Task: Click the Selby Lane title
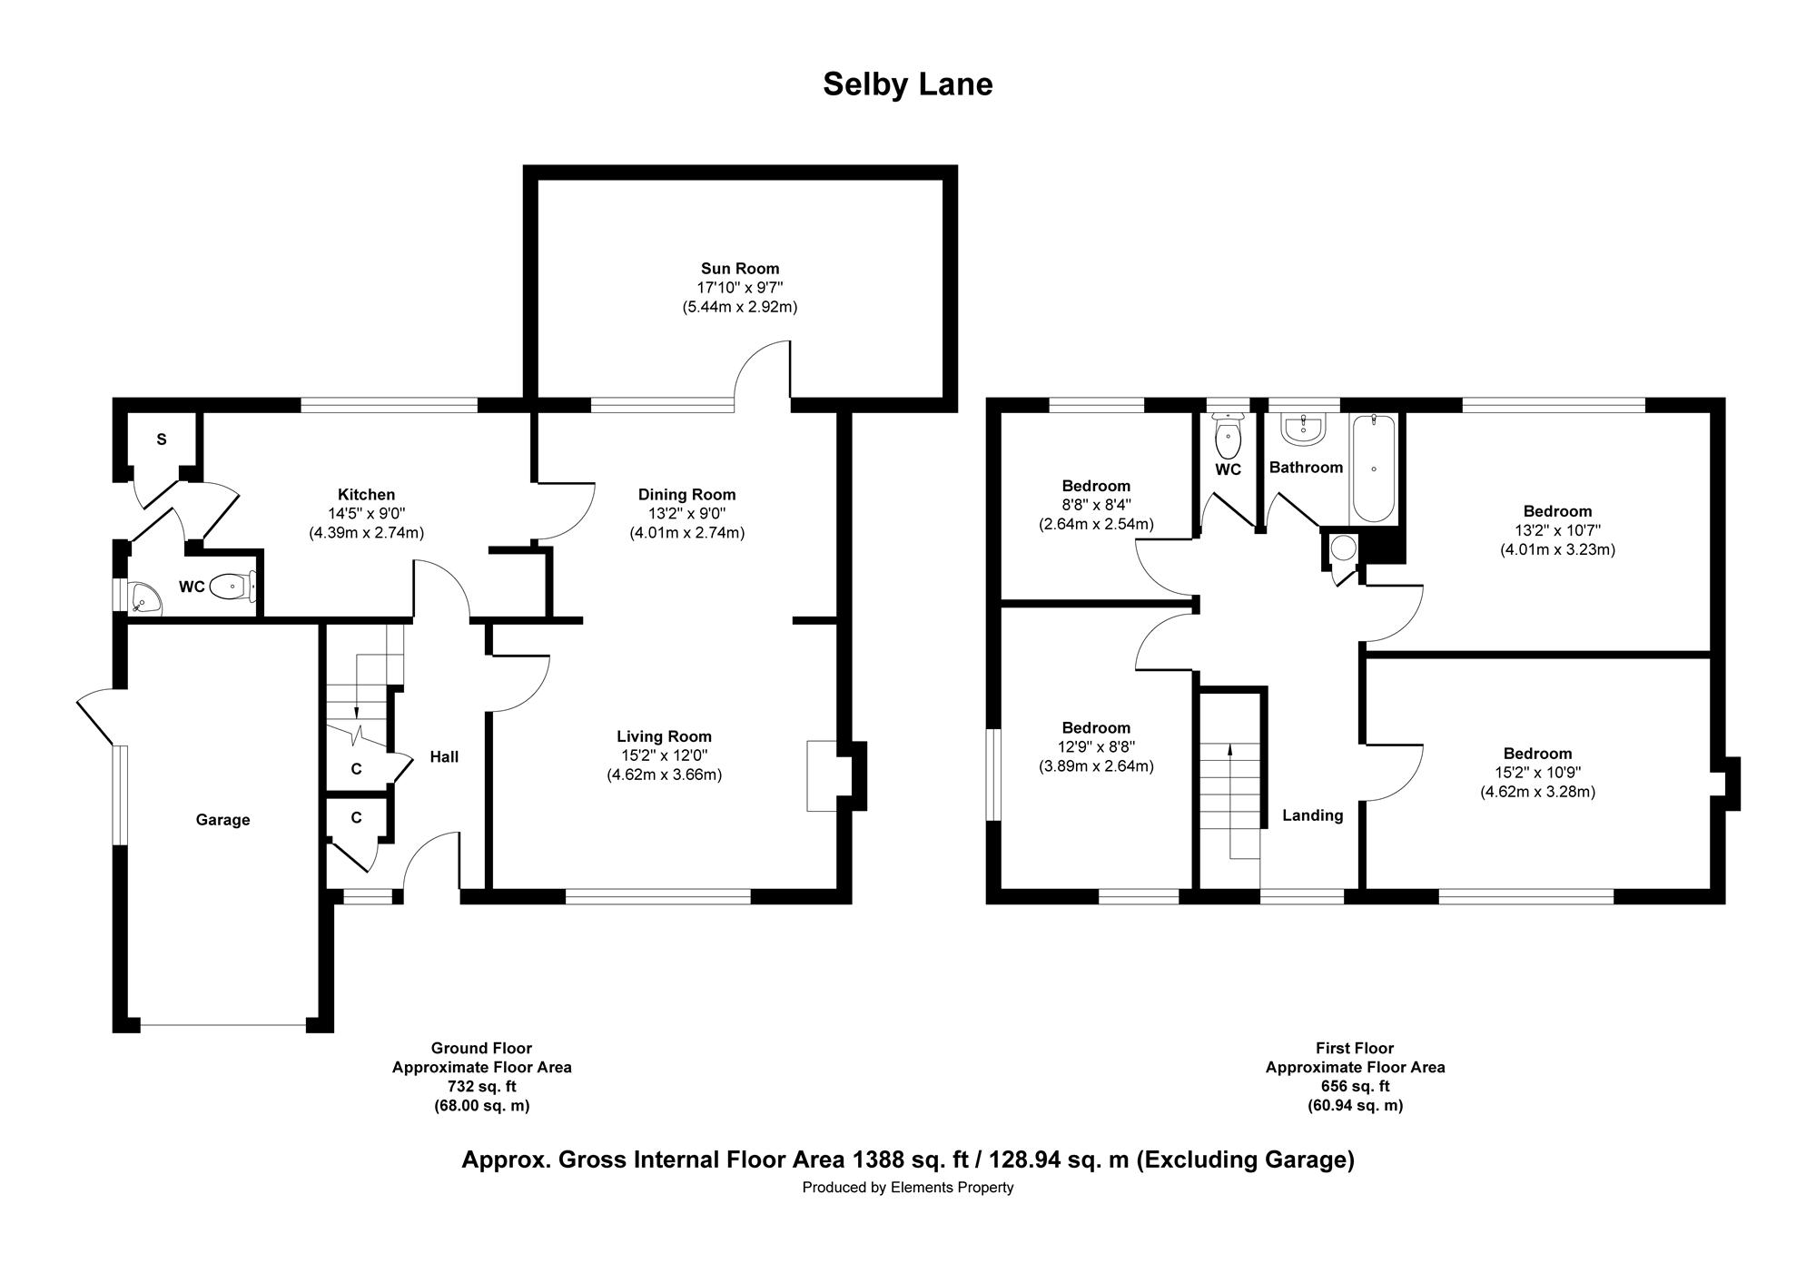click(907, 84)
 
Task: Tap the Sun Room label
click(740, 268)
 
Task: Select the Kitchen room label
click(366, 494)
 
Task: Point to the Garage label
click(222, 820)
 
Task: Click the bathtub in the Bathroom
click(1374, 469)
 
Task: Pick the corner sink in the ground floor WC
click(143, 597)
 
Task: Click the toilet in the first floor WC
click(1228, 436)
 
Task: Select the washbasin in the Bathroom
click(1305, 429)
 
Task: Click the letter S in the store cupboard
click(162, 439)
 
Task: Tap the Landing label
click(1312, 815)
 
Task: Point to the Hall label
click(444, 756)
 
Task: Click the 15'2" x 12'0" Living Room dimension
click(664, 755)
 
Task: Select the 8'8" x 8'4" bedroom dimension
click(1096, 505)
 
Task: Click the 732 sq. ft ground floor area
click(482, 1087)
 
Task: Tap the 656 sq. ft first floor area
click(1355, 1087)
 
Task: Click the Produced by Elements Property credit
click(908, 1188)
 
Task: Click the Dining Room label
click(686, 494)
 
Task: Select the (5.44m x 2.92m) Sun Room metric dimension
click(740, 307)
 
